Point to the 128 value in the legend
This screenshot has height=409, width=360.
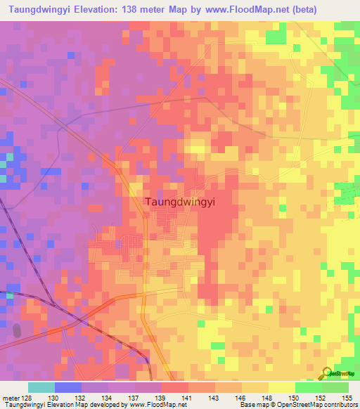(x=27, y=397)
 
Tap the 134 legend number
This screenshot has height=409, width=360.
(x=94, y=397)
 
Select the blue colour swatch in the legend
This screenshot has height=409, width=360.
(x=67, y=387)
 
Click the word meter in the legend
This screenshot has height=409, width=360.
(x=10, y=397)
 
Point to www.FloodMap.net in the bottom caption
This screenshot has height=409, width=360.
(x=153, y=405)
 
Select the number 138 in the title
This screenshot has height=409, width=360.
(x=134, y=10)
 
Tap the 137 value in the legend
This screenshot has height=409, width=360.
(x=121, y=397)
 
